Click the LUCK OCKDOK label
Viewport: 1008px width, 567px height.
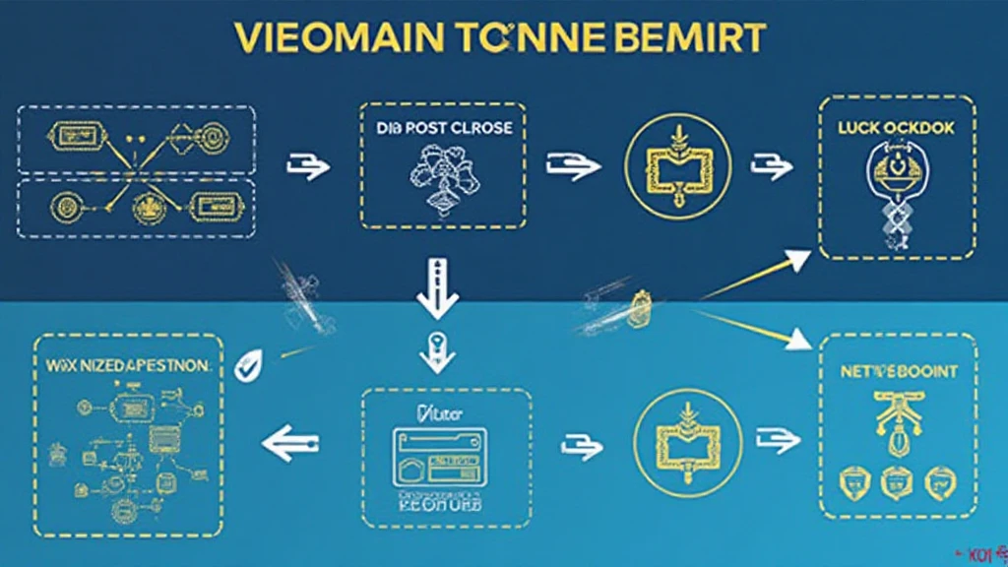pos(896,129)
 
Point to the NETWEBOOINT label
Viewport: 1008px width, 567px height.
pos(897,374)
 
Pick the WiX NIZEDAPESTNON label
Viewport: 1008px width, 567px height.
pos(128,365)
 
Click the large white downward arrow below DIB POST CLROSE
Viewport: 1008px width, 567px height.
pos(436,288)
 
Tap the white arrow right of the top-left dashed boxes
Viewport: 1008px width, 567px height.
pos(305,167)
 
